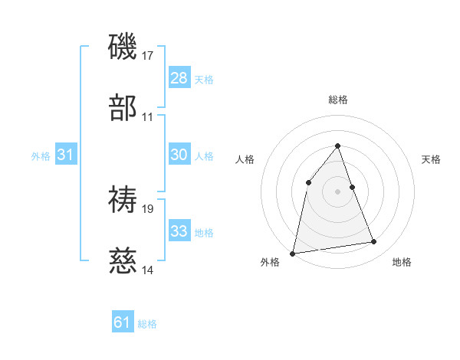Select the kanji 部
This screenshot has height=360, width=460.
tap(124, 107)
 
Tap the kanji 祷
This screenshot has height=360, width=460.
tap(124, 199)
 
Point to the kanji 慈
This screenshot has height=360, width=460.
tap(124, 260)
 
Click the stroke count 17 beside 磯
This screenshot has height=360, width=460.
tap(149, 56)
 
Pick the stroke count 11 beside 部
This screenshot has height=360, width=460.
tap(148, 117)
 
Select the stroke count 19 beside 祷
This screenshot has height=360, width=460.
tap(149, 208)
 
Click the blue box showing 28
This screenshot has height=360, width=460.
tap(179, 78)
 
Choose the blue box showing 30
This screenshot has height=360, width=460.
tap(179, 155)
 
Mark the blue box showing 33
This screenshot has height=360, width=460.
tap(179, 231)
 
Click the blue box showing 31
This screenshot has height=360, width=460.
tap(66, 155)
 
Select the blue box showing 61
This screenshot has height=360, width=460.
tap(123, 322)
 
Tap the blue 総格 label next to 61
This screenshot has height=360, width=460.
tap(147, 324)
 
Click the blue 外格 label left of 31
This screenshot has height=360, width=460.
tap(41, 156)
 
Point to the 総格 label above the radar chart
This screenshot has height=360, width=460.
tap(337, 100)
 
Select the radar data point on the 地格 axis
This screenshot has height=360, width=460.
tap(374, 242)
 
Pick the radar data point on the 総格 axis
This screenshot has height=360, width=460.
tap(337, 146)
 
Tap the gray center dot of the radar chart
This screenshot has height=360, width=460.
tap(337, 191)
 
